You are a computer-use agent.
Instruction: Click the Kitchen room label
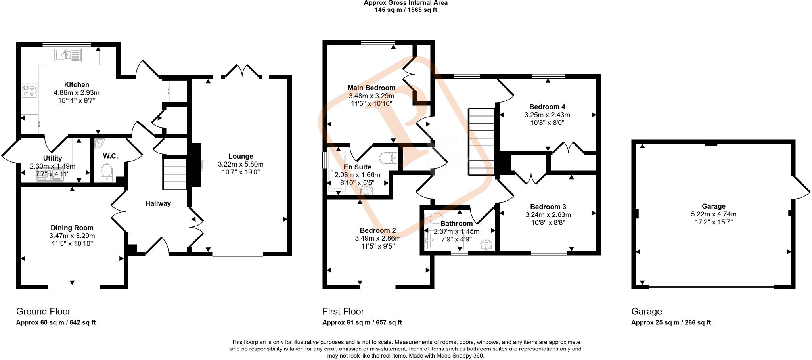click(77, 84)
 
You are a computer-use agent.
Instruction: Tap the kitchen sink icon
click(67, 55)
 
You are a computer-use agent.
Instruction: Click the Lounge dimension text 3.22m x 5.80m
click(240, 164)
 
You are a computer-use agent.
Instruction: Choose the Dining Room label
click(72, 228)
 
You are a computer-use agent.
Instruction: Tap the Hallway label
click(158, 203)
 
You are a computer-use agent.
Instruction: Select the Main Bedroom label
click(371, 88)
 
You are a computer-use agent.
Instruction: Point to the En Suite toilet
click(388, 158)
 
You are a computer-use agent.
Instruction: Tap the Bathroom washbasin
click(486, 246)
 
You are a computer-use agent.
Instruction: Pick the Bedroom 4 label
click(547, 107)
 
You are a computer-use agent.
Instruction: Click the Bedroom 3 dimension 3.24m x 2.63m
click(548, 215)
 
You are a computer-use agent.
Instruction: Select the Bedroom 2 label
click(377, 230)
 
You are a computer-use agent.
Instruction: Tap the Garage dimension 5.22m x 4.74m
click(713, 214)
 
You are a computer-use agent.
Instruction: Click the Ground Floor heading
click(44, 311)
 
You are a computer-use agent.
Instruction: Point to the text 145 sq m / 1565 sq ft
click(406, 10)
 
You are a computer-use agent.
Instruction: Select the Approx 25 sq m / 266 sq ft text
click(671, 322)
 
